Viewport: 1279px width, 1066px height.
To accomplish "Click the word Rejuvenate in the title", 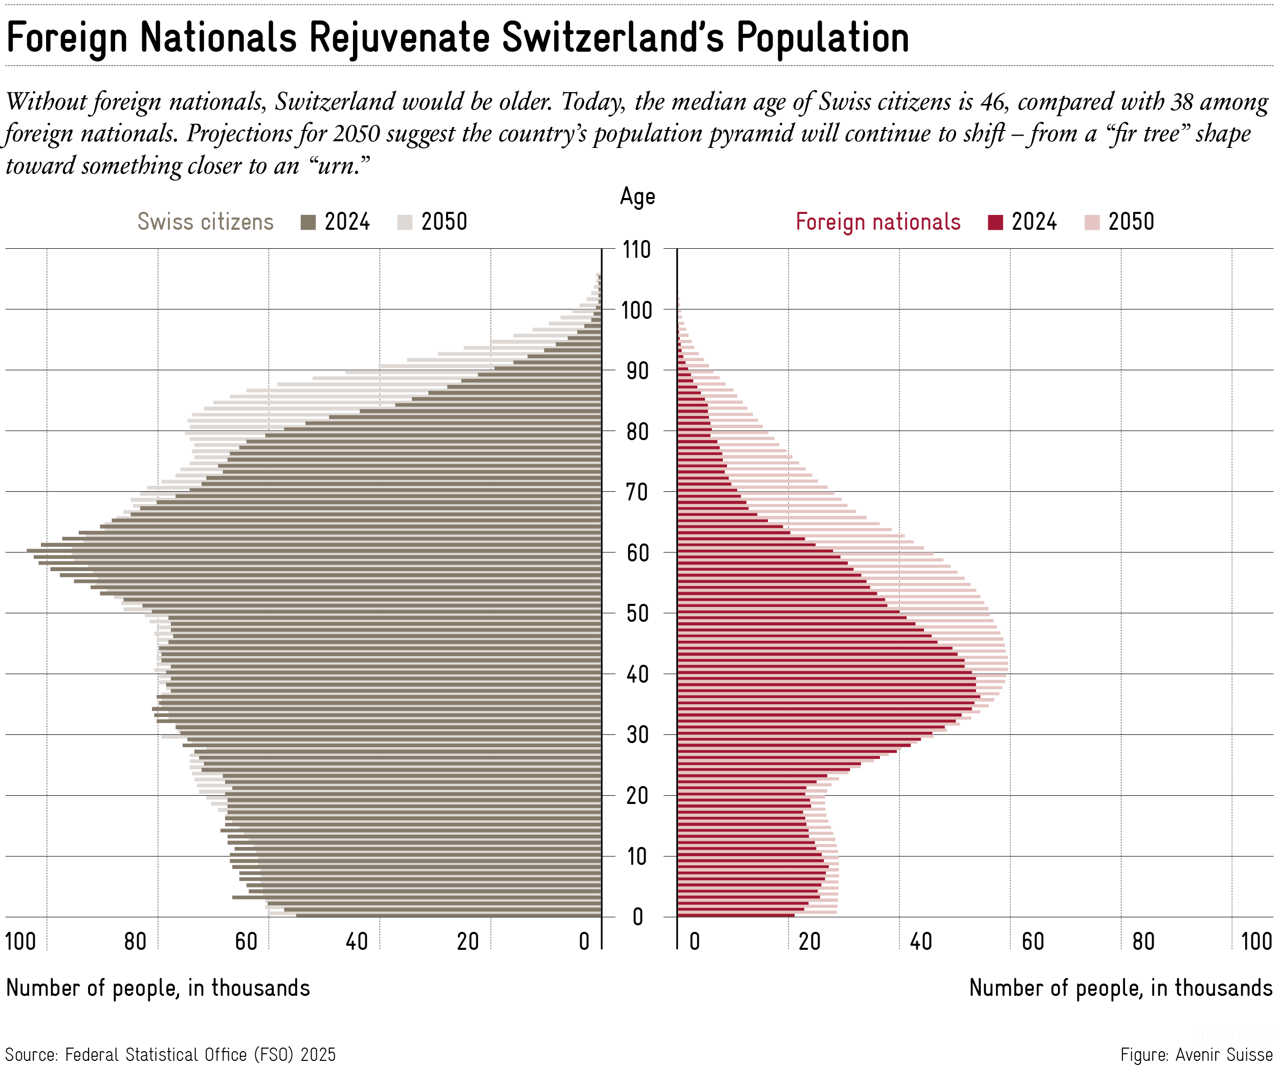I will [x=399, y=38].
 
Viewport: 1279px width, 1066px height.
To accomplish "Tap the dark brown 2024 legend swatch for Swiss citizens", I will [x=308, y=222].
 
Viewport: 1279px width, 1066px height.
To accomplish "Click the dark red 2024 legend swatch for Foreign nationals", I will [x=995, y=222].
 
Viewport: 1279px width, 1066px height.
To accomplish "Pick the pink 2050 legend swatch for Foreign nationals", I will [x=1092, y=222].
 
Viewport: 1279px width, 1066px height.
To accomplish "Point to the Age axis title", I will [x=637, y=197].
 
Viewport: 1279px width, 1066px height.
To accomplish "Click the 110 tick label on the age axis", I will [x=636, y=250].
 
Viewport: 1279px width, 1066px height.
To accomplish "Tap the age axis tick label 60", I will [x=637, y=553].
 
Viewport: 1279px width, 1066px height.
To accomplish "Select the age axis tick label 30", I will [x=637, y=735].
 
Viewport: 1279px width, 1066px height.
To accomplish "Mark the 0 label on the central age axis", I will [x=637, y=917].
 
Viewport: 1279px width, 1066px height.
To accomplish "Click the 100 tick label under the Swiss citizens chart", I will [x=20, y=942].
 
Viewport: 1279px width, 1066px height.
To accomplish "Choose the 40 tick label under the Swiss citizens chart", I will [x=357, y=942].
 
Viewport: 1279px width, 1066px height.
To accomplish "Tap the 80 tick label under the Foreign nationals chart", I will [x=1144, y=942].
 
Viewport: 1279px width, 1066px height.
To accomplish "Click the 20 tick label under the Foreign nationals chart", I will [x=810, y=942].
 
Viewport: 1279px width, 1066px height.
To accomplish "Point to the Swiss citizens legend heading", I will [x=205, y=222].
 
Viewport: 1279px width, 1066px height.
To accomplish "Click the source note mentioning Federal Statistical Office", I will [x=170, y=1054].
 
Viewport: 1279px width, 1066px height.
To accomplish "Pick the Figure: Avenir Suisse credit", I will [x=1196, y=1054].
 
